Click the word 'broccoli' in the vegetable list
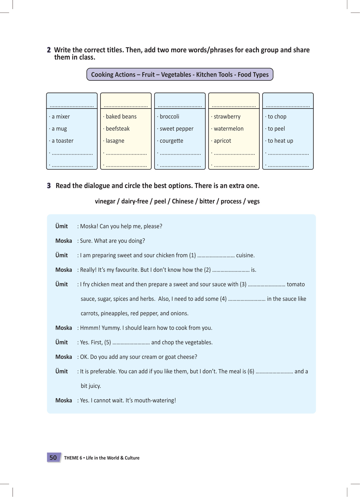(169, 117)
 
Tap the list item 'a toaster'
(63, 141)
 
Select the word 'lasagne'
(115, 141)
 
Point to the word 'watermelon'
(228, 129)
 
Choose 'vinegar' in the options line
(105, 201)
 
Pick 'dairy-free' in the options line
(135, 201)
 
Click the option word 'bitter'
(207, 201)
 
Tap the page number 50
(53, 458)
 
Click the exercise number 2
(49, 50)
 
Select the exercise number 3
(49, 186)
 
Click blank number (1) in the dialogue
(216, 256)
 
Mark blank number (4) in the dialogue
(247, 299)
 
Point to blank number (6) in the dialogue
(274, 372)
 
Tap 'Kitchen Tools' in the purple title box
(214, 75)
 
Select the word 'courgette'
(171, 141)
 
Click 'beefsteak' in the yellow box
(118, 129)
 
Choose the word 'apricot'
(222, 141)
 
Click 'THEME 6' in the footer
(73, 458)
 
